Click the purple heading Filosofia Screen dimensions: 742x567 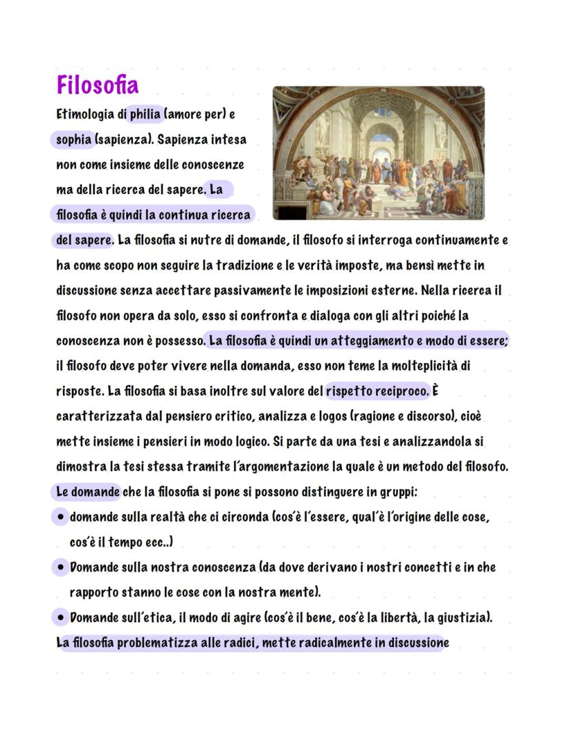(x=97, y=86)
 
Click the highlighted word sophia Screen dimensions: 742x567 (x=73, y=140)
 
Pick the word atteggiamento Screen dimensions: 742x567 (x=368, y=341)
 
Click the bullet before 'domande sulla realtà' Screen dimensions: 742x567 (x=61, y=517)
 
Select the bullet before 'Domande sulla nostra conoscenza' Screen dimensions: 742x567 (x=61, y=568)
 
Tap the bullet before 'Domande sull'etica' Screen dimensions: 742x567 (x=61, y=618)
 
